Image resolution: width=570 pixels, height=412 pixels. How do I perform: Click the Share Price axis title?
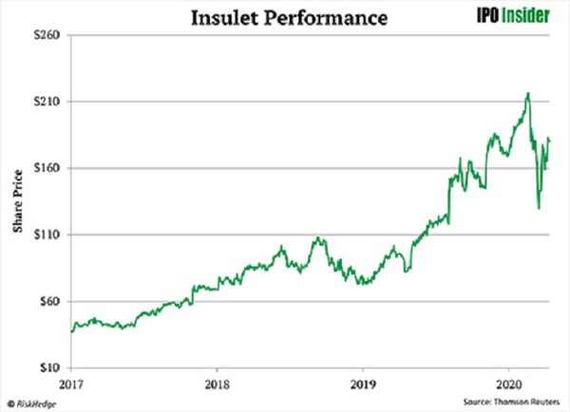[16, 201]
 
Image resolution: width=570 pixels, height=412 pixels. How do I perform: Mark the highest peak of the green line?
[527, 93]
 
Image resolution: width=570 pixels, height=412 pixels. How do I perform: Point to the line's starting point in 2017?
[72, 331]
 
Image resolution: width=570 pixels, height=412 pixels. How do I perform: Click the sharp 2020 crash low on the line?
[539, 208]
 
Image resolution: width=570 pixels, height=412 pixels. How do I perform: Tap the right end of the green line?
[550, 141]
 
